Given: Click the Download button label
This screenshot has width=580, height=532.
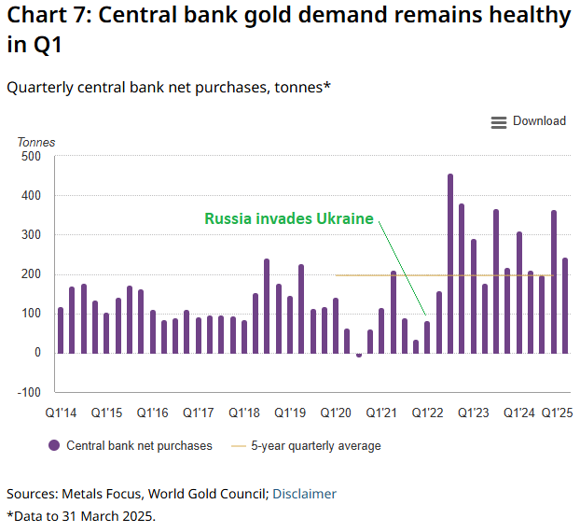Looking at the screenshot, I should (539, 121).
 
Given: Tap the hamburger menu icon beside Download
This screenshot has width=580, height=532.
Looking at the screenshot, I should (499, 122).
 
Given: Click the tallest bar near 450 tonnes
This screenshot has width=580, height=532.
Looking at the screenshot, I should (450, 263).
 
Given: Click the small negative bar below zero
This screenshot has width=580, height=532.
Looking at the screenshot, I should (359, 355).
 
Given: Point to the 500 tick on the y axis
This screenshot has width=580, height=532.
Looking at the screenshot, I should (31, 157).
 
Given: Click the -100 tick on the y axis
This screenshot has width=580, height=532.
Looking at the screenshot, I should (29, 392).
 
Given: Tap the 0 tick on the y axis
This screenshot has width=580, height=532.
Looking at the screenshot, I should (37, 353).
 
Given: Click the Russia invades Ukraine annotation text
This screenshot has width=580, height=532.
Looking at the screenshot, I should (288, 219).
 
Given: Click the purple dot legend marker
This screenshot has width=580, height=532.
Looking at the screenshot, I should (54, 446).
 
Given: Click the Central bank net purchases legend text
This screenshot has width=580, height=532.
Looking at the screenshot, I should (139, 446).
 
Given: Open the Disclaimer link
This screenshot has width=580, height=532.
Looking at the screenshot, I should (304, 494).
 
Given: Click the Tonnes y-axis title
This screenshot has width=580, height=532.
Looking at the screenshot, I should (36, 143).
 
